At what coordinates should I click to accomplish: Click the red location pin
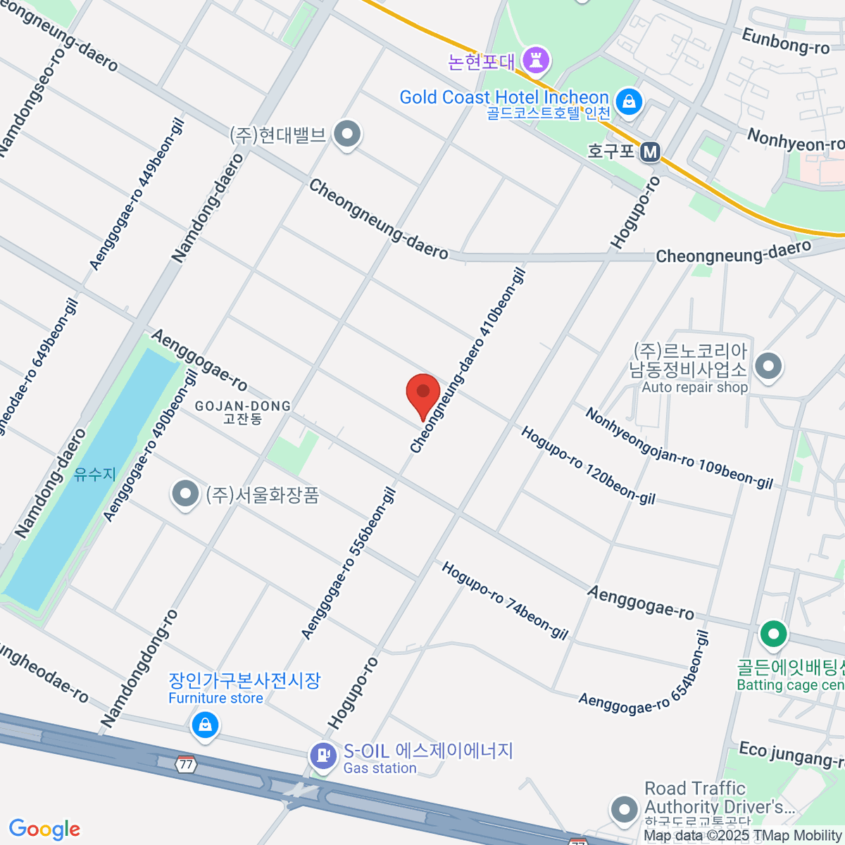point(423,394)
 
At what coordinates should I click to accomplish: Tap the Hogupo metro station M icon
point(651,151)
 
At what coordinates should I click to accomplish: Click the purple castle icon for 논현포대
point(537,61)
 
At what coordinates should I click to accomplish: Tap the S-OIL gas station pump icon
point(323,756)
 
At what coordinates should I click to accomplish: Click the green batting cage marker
point(773,634)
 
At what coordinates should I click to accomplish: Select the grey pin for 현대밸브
point(346,134)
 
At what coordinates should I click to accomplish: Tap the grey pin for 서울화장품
point(185,494)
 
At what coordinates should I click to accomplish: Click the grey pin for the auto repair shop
point(768,366)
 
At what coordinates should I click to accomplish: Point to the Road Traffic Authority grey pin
point(624,809)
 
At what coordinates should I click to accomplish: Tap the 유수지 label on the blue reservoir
point(94,474)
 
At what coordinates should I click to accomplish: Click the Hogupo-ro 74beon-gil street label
point(504,600)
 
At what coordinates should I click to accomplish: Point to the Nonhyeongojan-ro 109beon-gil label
point(679,449)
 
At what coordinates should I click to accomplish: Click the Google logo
point(44,830)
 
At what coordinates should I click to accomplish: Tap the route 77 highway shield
point(186,764)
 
